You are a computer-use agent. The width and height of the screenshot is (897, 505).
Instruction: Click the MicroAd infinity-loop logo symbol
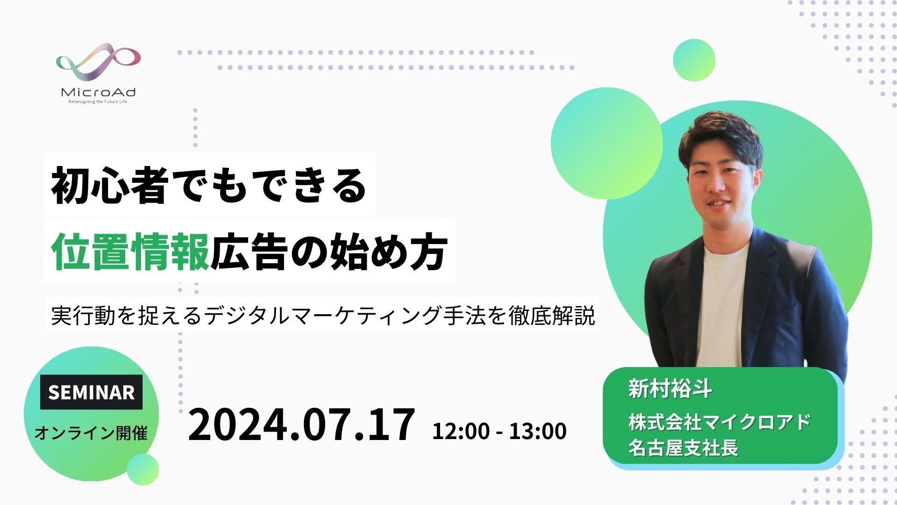[98, 64]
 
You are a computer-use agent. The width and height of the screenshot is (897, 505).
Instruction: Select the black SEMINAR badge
[91, 392]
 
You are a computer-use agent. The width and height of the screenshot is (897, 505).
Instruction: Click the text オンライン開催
[91, 433]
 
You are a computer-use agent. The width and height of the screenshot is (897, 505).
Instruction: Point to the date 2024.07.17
[301, 425]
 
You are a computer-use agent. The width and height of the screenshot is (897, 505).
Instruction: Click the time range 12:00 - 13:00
[499, 431]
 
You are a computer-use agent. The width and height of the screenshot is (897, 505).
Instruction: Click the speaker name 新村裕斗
[670, 389]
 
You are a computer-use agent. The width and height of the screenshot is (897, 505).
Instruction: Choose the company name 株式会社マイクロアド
[719, 422]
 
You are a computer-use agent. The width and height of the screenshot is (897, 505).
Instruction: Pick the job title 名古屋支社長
[683, 447]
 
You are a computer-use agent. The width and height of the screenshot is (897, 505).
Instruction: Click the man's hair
[722, 139]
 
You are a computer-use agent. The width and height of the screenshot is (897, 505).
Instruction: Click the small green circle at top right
[694, 60]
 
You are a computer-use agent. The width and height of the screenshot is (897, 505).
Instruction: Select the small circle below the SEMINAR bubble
[143, 469]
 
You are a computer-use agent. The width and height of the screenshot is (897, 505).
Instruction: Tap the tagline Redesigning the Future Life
[98, 101]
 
